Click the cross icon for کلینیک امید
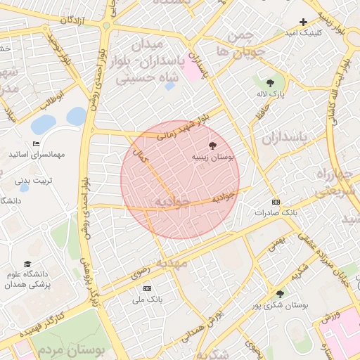coord(304,22)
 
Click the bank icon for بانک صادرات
coord(276,201)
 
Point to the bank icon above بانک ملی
coord(147,288)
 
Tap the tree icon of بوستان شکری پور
coord(281,295)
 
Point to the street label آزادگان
coord(72,20)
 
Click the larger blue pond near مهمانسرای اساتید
coord(44,125)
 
